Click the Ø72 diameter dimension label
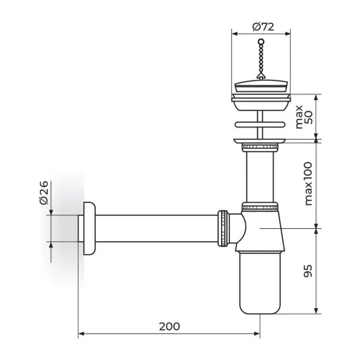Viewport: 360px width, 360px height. point(263,27)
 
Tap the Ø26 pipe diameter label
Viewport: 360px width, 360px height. point(44,193)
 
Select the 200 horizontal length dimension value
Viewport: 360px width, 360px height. point(169,326)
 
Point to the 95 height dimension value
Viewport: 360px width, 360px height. point(308,271)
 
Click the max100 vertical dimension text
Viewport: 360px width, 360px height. point(308,184)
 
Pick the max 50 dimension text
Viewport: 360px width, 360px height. point(304,117)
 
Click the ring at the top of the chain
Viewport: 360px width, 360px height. point(261,42)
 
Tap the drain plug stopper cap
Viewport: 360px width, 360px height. point(261,86)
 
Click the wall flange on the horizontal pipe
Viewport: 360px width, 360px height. point(89,228)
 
